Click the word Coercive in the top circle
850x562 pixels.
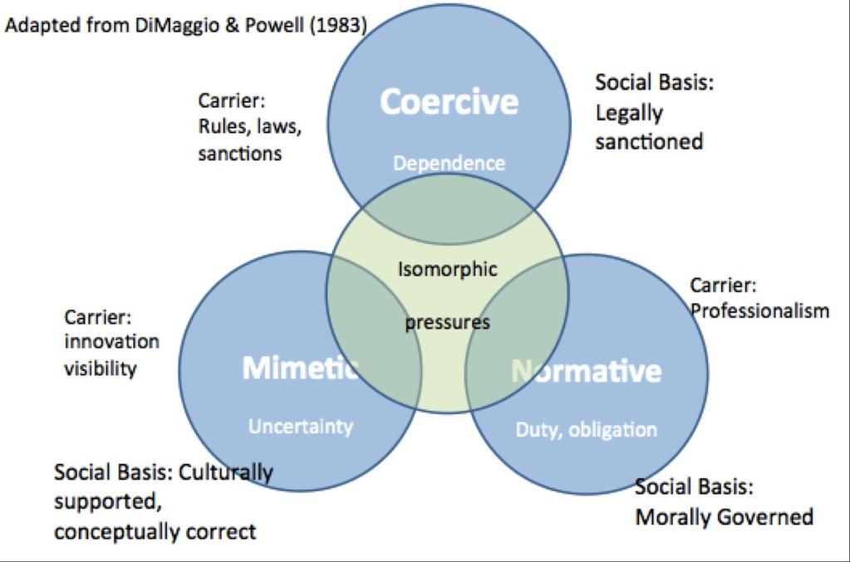[x=449, y=102]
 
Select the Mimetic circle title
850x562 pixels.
[x=300, y=369]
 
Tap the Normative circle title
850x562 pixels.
[x=587, y=371]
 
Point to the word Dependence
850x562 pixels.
[x=449, y=163]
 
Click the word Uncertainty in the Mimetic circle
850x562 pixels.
[x=300, y=427]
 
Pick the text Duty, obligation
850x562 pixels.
[x=586, y=430]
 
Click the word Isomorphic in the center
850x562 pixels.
[x=447, y=269]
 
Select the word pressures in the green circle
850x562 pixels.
[x=447, y=323]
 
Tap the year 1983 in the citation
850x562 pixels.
[x=338, y=25]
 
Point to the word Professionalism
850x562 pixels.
[x=759, y=310]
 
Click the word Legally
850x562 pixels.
[x=629, y=114]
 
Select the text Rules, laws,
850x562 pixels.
[x=249, y=127]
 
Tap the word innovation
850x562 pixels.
[x=111, y=342]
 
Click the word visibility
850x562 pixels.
[x=101, y=369]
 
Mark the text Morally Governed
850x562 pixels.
[x=725, y=517]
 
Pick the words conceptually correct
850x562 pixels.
[x=155, y=532]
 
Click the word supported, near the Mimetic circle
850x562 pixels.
[x=108, y=502]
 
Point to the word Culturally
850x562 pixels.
[x=225, y=472]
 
